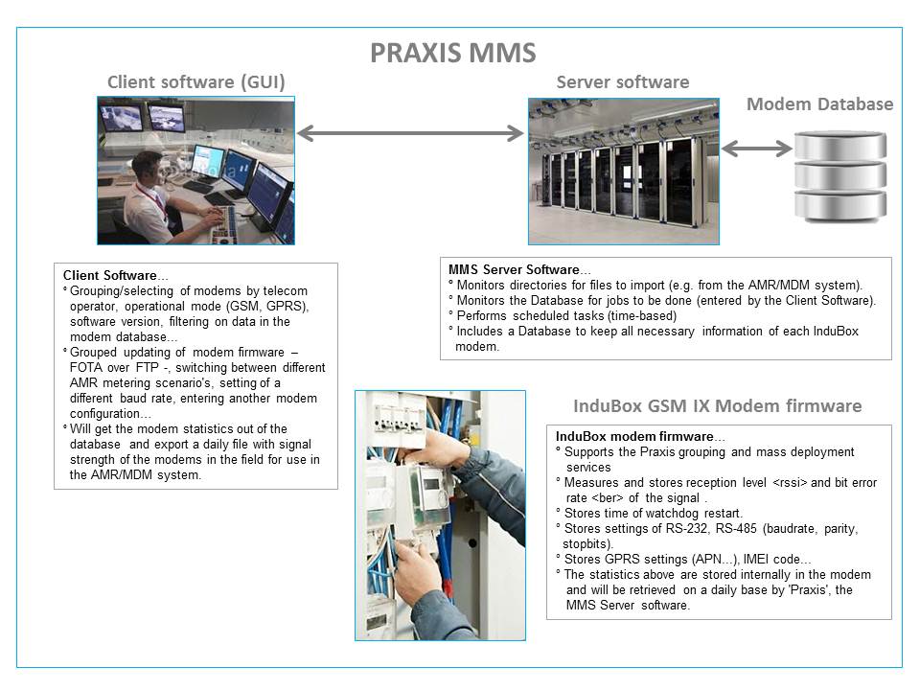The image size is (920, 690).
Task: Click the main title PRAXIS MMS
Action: pos(453,53)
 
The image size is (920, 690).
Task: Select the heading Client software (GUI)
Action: pos(195,81)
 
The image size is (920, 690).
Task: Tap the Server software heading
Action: pos(623,81)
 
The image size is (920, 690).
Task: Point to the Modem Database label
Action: pos(819,103)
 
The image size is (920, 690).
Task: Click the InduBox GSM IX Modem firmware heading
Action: pos(717,405)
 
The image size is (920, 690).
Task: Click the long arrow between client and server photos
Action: pos(411,133)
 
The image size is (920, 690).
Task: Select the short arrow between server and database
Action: pos(756,149)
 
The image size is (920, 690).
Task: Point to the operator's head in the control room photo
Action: pos(146,164)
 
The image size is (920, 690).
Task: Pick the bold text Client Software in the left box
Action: pos(108,276)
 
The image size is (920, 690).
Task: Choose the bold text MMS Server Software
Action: pos(514,269)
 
